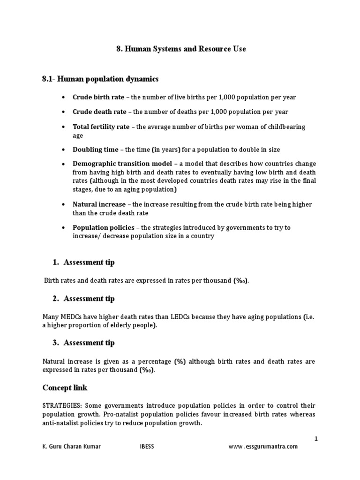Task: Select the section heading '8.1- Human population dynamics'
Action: point(100,79)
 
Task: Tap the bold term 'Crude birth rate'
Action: point(98,97)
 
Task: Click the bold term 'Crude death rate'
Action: point(99,112)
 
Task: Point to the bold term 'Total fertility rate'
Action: point(101,127)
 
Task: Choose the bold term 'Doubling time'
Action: point(95,150)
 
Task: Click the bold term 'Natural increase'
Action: point(99,204)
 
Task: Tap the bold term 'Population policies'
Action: point(103,227)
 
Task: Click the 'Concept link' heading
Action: point(65,388)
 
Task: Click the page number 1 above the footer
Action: point(316,438)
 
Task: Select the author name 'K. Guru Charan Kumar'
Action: point(71,447)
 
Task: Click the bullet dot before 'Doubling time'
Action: point(63,150)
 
